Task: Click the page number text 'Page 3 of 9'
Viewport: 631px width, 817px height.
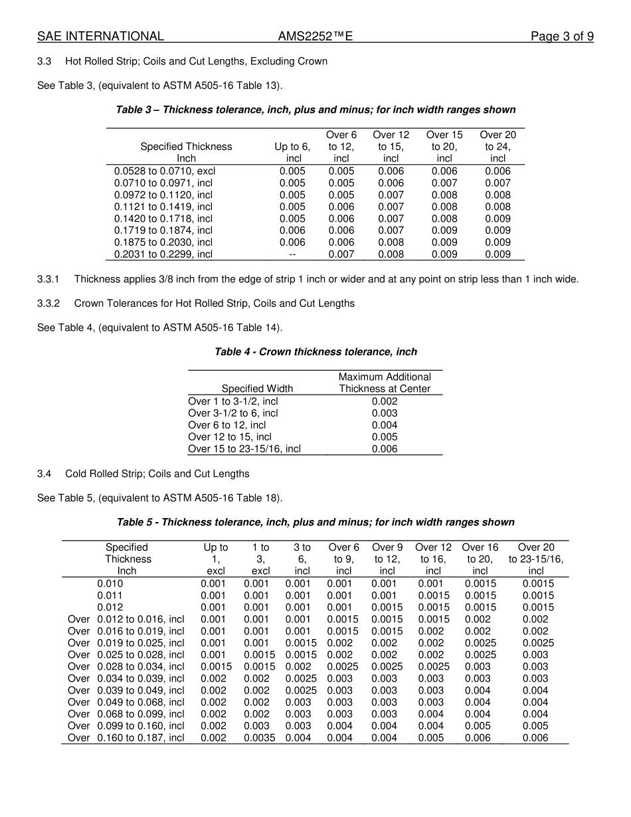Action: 561,37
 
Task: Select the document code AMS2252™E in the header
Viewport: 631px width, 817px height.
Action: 315,37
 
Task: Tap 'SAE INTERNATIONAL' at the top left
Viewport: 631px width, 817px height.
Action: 100,37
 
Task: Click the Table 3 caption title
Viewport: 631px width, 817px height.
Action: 315,110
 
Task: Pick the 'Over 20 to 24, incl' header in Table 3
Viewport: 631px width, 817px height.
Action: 497,146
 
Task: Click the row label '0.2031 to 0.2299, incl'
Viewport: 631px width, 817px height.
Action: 163,254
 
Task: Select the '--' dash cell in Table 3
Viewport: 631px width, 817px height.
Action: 292,254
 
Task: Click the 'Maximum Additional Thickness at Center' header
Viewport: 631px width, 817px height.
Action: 385,383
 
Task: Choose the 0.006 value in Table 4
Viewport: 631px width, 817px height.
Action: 385,449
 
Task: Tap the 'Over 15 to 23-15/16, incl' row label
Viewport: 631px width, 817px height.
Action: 244,449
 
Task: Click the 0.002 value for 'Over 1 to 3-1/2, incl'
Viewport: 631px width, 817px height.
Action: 385,401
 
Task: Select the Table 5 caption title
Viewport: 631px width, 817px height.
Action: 315,522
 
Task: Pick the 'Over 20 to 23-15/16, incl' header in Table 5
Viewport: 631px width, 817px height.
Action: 535,559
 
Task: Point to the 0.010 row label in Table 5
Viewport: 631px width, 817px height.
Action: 110,584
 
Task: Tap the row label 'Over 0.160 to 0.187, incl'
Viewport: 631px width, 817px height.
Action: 126,738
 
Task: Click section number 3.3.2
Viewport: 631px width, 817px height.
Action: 48,304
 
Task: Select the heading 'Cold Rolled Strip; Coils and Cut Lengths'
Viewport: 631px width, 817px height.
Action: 157,474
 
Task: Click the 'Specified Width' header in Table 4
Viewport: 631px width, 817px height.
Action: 257,389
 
